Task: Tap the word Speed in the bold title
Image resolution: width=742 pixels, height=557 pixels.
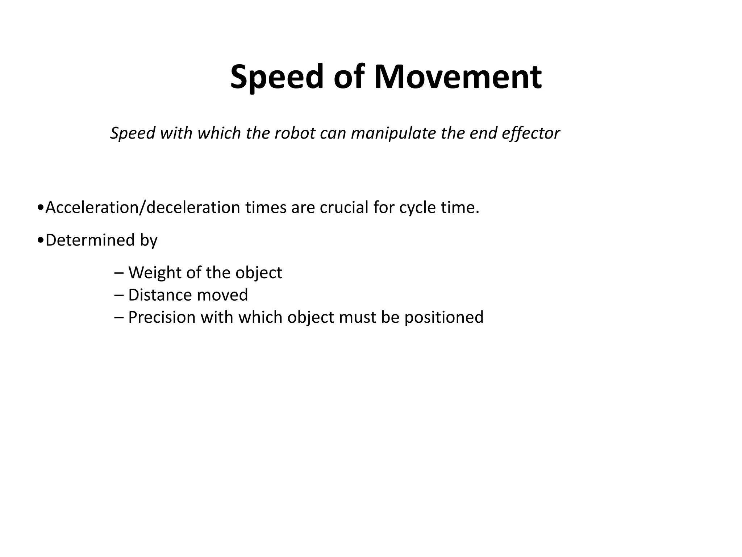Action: coord(277,78)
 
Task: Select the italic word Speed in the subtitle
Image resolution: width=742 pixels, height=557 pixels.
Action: coord(133,133)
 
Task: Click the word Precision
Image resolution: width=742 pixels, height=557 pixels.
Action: coord(162,317)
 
